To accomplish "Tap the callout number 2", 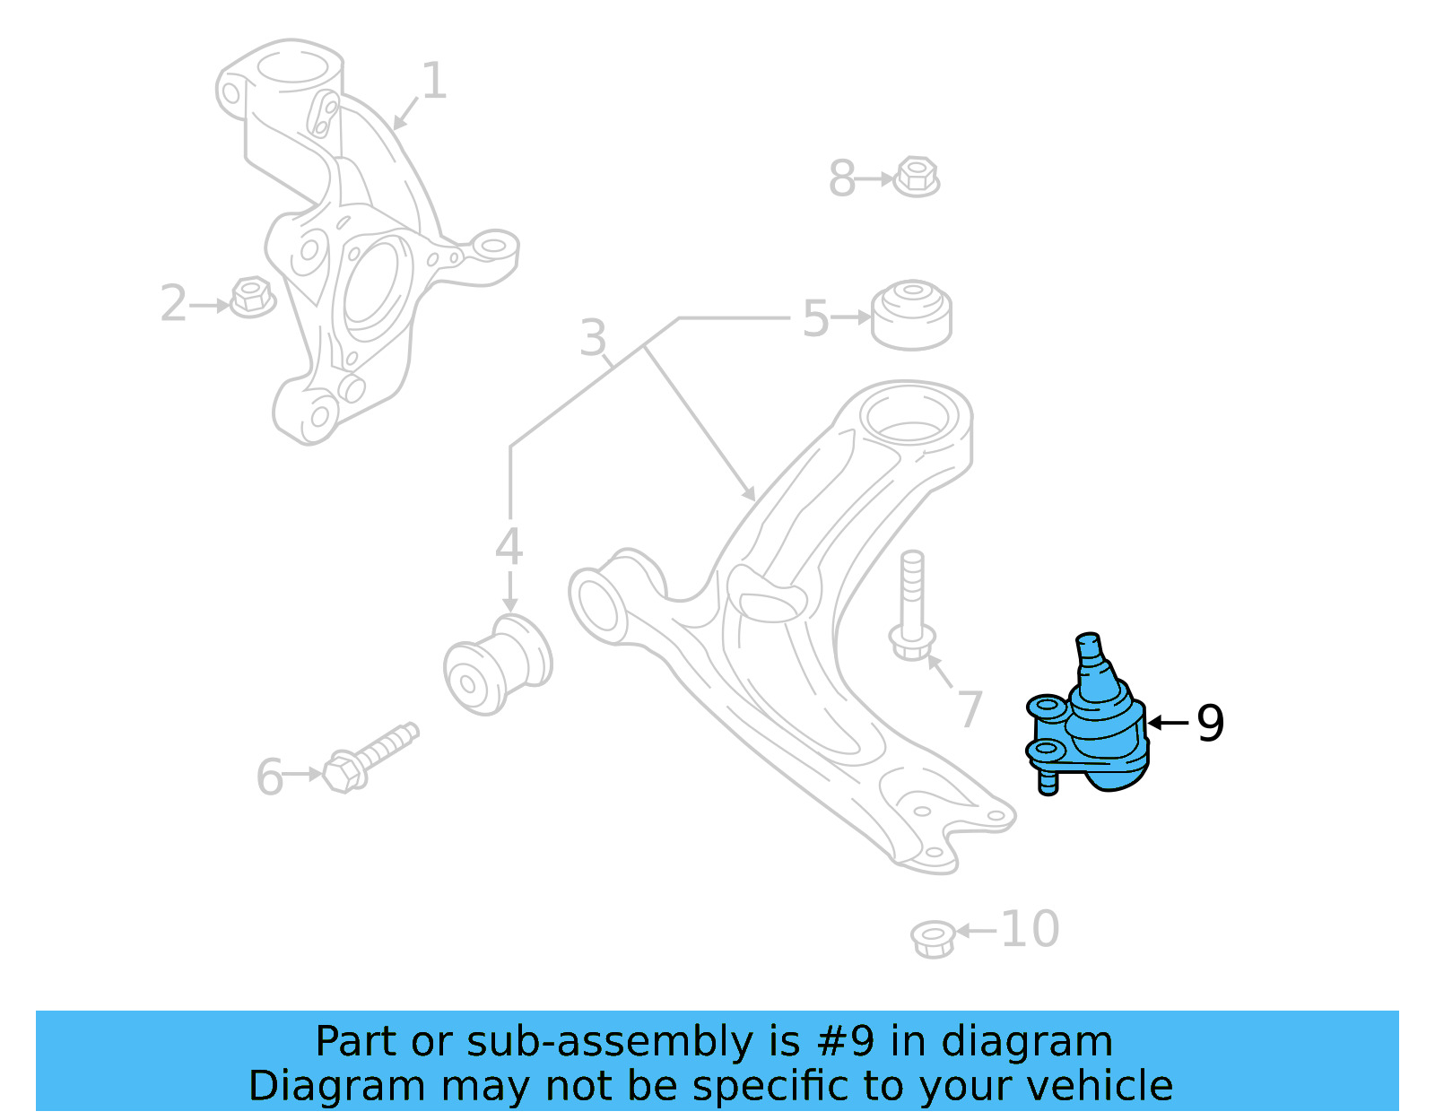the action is [x=173, y=304].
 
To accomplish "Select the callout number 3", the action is [x=593, y=339].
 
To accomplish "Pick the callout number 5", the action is [x=815, y=318].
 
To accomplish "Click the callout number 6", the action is [x=269, y=777].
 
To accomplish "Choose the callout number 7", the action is [x=970, y=709].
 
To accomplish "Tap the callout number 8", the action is [x=841, y=178].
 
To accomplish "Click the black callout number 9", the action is [x=1210, y=723].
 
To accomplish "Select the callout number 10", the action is [x=1030, y=929].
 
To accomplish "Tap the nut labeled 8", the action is [x=917, y=177].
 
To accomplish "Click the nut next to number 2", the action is [x=252, y=297].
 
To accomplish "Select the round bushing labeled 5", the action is [x=911, y=315].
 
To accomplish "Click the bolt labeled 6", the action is [x=368, y=759].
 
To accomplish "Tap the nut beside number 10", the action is [x=932, y=938].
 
